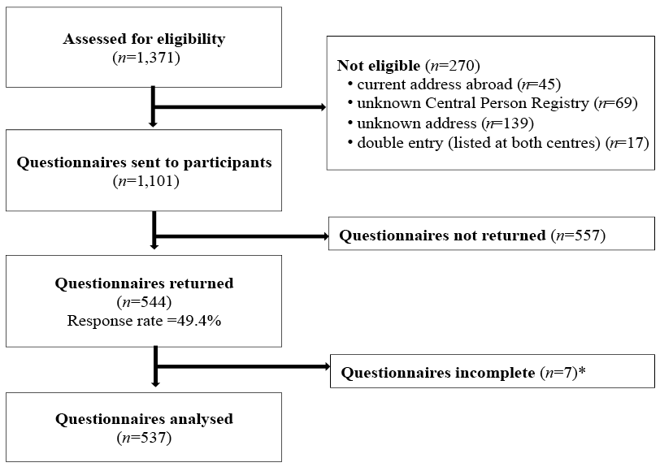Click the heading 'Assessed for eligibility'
(x=144, y=39)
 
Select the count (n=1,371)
(x=146, y=58)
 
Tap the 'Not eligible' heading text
(x=379, y=66)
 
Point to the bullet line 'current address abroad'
(x=454, y=84)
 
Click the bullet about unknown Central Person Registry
(x=493, y=103)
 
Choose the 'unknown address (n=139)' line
(x=441, y=123)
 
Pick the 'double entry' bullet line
(x=498, y=143)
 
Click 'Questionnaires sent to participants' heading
(x=144, y=162)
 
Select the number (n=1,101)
(x=146, y=181)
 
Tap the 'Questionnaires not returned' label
(x=442, y=236)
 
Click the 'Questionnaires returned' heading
(x=144, y=283)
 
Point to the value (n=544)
(x=144, y=302)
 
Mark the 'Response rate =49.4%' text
(x=144, y=321)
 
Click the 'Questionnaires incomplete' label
(x=438, y=373)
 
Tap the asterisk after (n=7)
(x=582, y=370)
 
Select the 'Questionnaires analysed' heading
(x=144, y=419)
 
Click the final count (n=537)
(x=144, y=438)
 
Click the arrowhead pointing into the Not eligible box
(x=323, y=107)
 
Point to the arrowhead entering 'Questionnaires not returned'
(x=325, y=236)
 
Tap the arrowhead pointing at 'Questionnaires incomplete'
(x=327, y=367)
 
